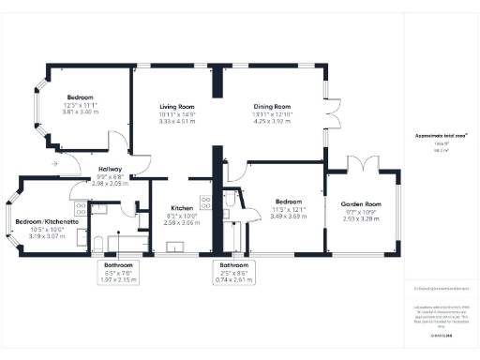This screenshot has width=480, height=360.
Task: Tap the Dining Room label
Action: coord(272,107)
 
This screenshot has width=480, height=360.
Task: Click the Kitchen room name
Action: coord(182,207)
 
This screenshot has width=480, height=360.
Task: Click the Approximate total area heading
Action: coord(434,136)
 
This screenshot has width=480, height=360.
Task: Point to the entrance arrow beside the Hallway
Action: coord(58,163)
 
